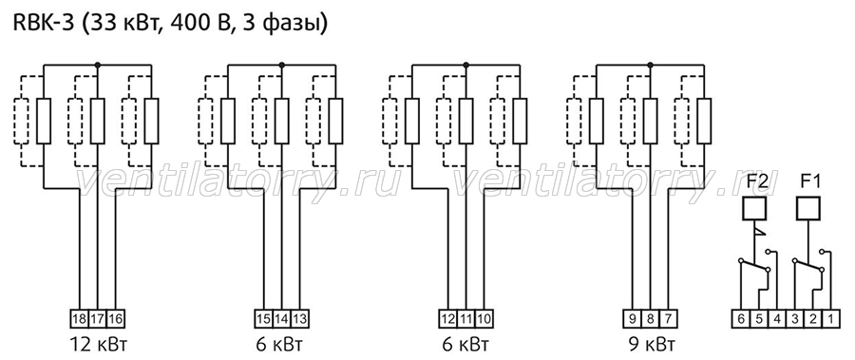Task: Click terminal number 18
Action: (79, 318)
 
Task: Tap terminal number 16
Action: (115, 318)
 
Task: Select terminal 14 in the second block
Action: (281, 318)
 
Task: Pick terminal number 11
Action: (465, 318)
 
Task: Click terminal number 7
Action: (668, 318)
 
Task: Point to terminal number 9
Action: (632, 318)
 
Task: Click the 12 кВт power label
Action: (98, 346)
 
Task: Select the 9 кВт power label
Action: (650, 346)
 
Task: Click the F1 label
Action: (808, 181)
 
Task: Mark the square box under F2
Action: (754, 208)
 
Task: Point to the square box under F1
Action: (808, 208)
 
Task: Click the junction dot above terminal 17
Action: (98, 65)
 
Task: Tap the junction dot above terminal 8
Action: (650, 65)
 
